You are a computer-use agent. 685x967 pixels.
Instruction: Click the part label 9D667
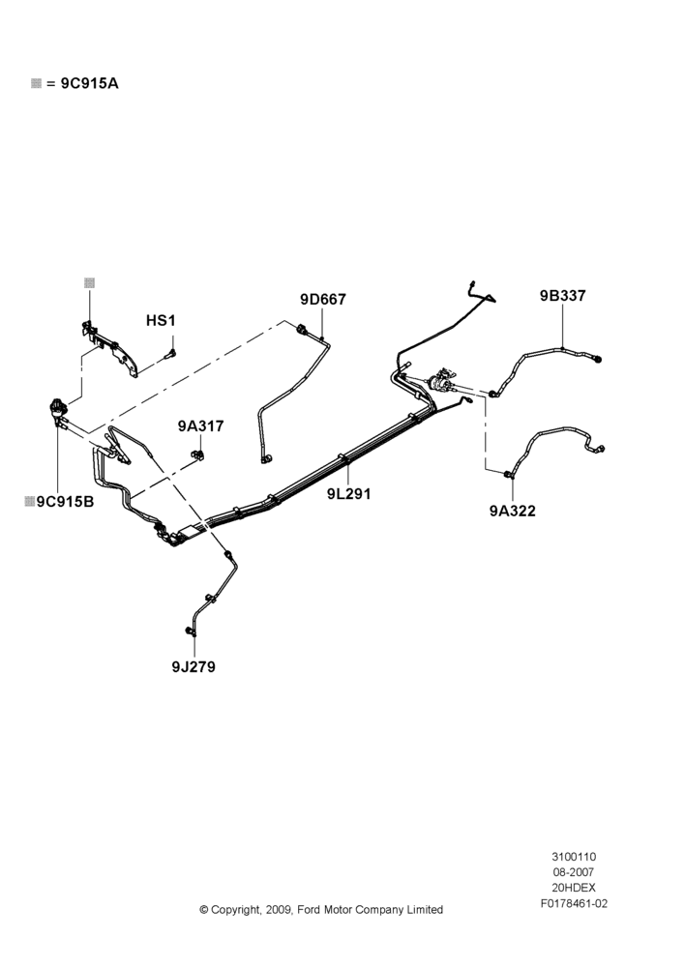[x=323, y=299]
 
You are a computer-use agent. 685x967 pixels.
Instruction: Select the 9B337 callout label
[x=562, y=295]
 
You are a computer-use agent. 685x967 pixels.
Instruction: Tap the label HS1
[x=161, y=321]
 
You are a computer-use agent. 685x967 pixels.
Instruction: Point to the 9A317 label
[x=200, y=425]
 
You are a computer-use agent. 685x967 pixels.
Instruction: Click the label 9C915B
[x=65, y=501]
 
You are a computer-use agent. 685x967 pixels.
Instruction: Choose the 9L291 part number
[x=348, y=493]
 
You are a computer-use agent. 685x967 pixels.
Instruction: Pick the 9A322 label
[x=513, y=511]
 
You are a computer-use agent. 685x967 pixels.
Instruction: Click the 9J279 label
[x=194, y=666]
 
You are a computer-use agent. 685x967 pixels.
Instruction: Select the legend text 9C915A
[x=89, y=83]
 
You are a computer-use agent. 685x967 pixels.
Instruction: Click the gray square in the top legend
[x=36, y=83]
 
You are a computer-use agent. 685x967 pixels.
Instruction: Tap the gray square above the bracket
[x=89, y=282]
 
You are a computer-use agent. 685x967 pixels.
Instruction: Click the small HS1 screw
[x=169, y=353]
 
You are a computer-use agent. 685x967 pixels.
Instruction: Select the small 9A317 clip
[x=199, y=455]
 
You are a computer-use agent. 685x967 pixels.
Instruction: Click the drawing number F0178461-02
[x=574, y=903]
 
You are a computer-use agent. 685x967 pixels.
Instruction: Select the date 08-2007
[x=574, y=872]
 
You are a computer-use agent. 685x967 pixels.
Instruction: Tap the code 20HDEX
[x=574, y=888]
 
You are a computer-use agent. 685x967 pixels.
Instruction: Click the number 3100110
[x=574, y=856]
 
